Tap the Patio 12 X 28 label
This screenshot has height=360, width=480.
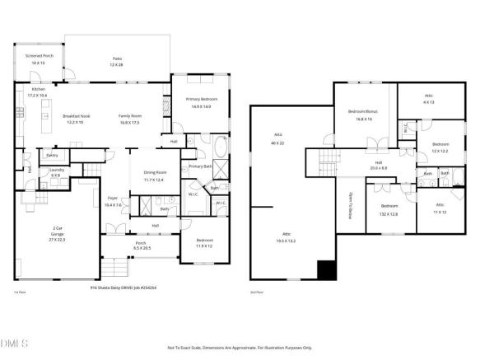tap(118, 61)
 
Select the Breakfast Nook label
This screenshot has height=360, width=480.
tap(77, 119)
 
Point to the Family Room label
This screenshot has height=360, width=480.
tap(130, 119)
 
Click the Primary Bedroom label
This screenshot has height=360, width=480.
tap(190, 103)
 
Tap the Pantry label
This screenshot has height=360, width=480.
tap(51, 155)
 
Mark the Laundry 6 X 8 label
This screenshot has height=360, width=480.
tap(56, 172)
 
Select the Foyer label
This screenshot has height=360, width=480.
tap(114, 201)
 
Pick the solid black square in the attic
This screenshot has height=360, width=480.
tap(327, 269)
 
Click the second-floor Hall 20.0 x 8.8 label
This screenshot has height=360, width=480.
tap(379, 165)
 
